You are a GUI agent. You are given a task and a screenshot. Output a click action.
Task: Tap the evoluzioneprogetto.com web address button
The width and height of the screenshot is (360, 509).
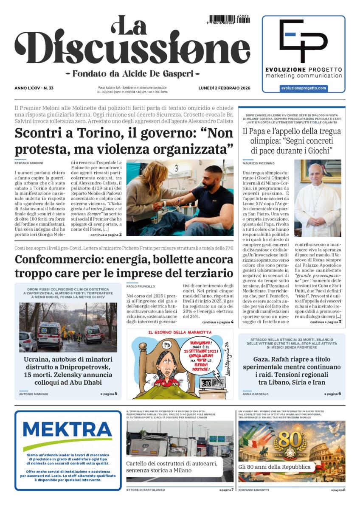(304, 88)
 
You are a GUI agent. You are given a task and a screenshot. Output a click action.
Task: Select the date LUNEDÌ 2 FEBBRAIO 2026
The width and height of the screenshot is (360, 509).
(224, 88)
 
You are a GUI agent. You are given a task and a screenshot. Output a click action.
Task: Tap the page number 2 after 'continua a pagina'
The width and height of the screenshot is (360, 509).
(121, 234)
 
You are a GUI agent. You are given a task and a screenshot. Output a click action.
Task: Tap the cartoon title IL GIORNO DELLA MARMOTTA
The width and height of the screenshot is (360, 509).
(180, 333)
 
